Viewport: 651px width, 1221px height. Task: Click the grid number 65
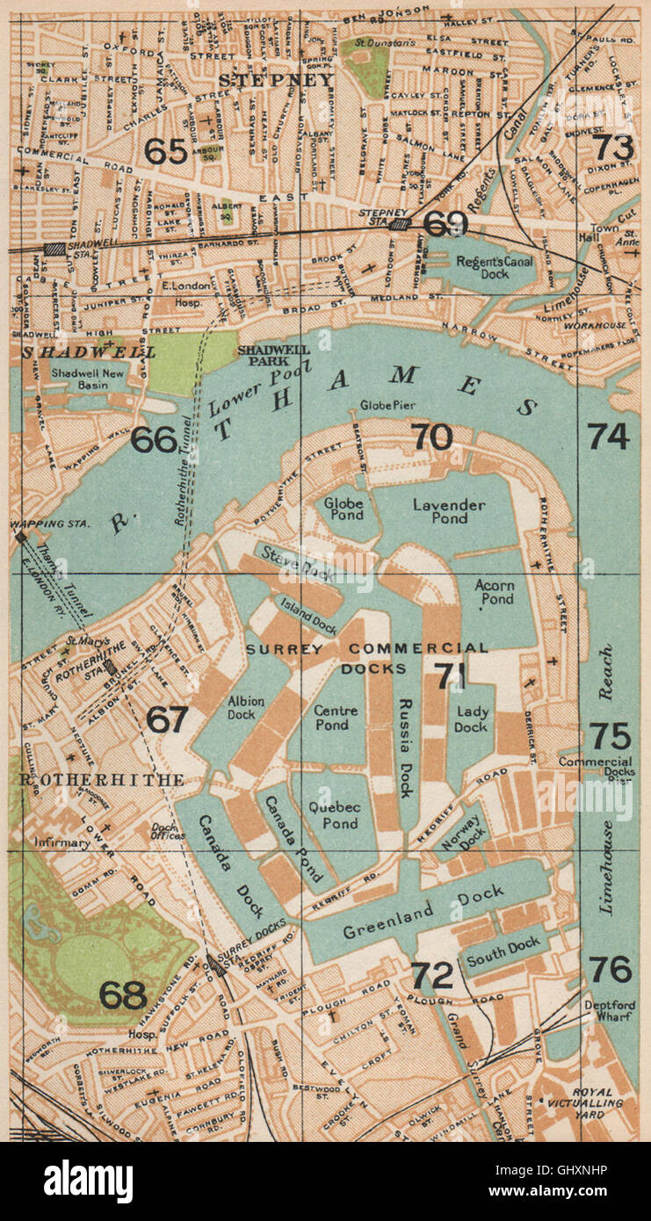tap(166, 151)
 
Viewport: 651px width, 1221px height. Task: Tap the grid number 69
tap(445, 223)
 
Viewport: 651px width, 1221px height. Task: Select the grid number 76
tap(611, 970)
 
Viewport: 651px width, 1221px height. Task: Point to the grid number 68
tap(123, 994)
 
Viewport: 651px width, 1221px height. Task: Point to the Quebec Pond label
tap(333, 815)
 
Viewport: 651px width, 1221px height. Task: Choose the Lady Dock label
tap(471, 720)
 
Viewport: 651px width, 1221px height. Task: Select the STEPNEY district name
tap(275, 80)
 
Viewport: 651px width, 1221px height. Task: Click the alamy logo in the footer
tap(88, 1181)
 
